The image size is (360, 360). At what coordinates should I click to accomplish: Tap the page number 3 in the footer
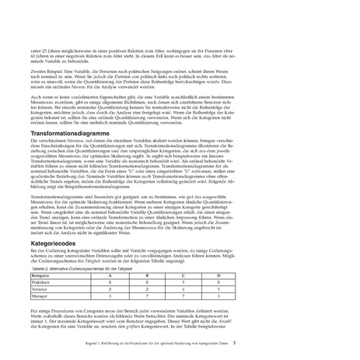click(320, 340)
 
